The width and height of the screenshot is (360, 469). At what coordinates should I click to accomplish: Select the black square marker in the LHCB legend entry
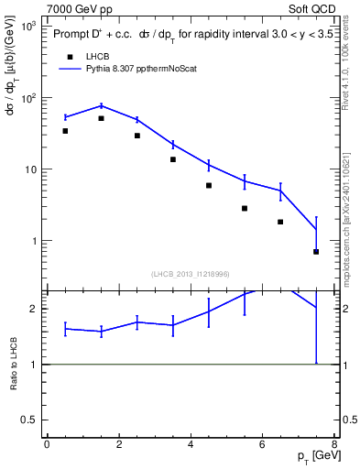[70, 56]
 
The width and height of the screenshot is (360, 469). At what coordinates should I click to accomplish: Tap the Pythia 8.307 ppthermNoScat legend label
[149, 68]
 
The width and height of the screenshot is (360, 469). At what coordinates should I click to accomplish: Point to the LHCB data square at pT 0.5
[65, 131]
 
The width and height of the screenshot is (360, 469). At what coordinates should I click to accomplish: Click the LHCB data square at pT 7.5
[316, 251]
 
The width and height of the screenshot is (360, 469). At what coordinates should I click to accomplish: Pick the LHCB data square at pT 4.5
[209, 185]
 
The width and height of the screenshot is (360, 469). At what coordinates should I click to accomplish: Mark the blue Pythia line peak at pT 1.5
[101, 105]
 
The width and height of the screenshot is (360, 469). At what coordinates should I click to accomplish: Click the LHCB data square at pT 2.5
[137, 136]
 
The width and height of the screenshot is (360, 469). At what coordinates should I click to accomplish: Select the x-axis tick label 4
[191, 444]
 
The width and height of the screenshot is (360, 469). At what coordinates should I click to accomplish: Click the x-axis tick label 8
[334, 444]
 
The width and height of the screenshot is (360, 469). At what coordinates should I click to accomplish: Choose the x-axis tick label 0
[47, 444]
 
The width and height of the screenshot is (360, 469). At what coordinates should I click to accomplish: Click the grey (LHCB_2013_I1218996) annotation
[191, 274]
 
